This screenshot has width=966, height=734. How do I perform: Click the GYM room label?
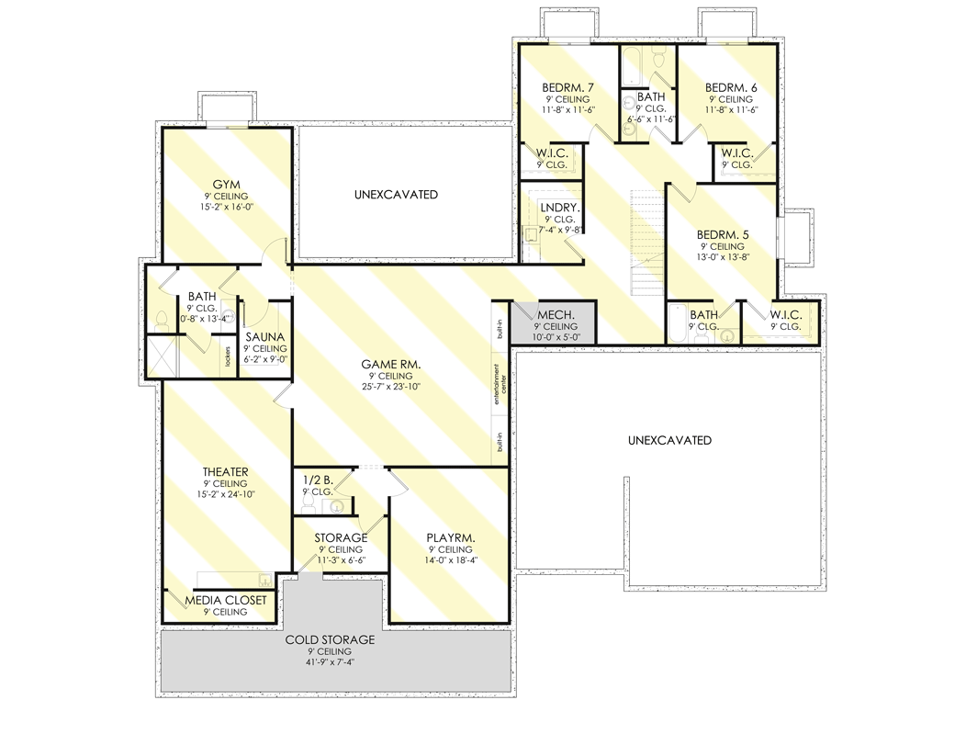(226, 185)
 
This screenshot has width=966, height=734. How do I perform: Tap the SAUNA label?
(264, 337)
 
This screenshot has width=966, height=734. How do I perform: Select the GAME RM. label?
(391, 365)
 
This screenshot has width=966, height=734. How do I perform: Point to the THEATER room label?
(226, 472)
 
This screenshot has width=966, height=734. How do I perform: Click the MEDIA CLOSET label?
(226, 600)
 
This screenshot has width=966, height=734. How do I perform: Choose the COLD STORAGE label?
(330, 639)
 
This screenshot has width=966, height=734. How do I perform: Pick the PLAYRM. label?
(450, 537)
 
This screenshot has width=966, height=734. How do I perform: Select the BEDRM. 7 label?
(567, 88)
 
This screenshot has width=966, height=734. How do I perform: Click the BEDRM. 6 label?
(731, 88)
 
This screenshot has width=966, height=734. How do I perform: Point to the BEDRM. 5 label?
(722, 235)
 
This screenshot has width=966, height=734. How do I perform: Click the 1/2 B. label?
(317, 479)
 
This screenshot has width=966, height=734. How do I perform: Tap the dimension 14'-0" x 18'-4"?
(450, 560)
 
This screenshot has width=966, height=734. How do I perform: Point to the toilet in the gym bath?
(163, 320)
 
